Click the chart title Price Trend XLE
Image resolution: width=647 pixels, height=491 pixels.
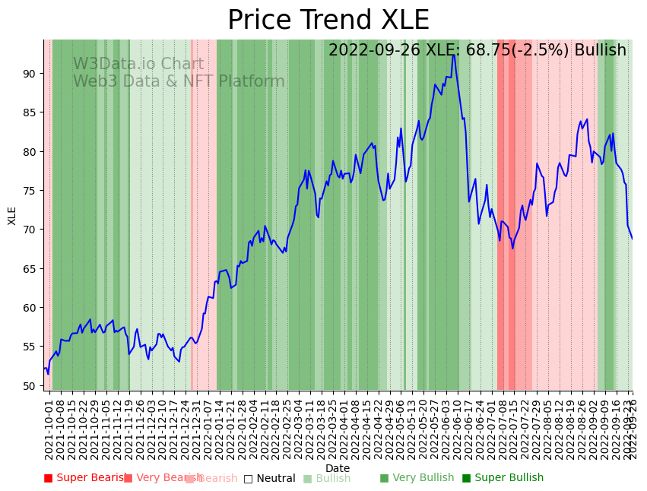(328, 21)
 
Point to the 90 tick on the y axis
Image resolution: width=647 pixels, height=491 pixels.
(30, 74)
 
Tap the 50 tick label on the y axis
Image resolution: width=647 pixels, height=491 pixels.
(30, 385)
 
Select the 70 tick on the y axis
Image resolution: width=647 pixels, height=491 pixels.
(30, 230)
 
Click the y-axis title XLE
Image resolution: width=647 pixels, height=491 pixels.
(12, 215)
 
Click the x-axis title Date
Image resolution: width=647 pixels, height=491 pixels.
(338, 469)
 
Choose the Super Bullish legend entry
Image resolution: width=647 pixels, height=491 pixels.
(503, 478)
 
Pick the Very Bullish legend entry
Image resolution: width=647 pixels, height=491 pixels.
(417, 478)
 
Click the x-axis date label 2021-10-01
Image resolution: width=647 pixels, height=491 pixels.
(49, 426)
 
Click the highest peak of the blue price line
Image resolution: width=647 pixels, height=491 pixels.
(454, 55)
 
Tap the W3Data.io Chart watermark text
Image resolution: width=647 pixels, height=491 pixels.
(138, 65)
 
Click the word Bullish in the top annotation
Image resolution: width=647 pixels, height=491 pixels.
(601, 50)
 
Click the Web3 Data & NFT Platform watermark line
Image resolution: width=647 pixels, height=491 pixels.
(179, 81)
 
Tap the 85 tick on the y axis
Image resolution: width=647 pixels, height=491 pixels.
(30, 112)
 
